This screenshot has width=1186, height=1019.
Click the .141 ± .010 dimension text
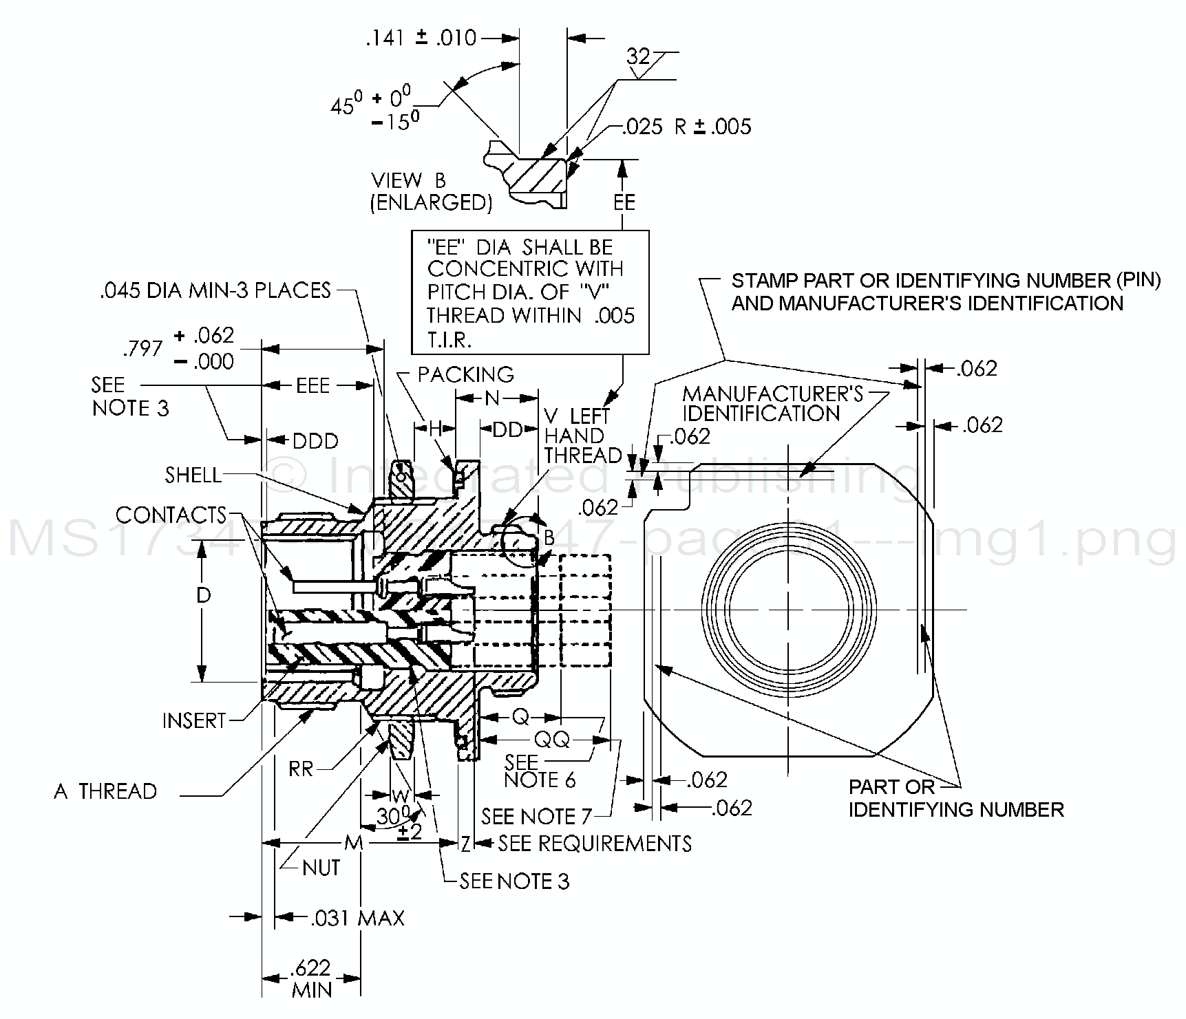tap(421, 38)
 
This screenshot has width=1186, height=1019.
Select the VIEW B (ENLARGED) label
tap(432, 191)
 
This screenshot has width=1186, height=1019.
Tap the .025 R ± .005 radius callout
tap(686, 127)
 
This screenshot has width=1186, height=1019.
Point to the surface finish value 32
tap(638, 56)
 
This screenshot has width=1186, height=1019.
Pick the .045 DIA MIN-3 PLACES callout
tap(215, 290)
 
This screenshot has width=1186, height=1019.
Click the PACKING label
tap(465, 374)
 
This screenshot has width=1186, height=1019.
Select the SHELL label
tap(193, 475)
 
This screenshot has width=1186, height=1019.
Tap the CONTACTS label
tap(171, 515)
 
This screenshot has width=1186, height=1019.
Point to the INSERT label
tap(194, 720)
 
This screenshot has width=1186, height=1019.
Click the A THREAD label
tap(105, 791)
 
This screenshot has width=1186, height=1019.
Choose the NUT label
tap(321, 868)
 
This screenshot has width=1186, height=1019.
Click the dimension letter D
tap(203, 595)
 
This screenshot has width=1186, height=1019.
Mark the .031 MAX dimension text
tap(357, 918)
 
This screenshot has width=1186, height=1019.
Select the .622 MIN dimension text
tap(311, 978)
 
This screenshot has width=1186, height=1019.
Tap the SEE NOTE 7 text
tap(536, 817)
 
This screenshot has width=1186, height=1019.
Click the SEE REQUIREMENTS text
tap(595, 843)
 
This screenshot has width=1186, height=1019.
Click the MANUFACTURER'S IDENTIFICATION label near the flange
tap(772, 403)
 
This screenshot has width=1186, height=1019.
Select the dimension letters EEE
tap(313, 385)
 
